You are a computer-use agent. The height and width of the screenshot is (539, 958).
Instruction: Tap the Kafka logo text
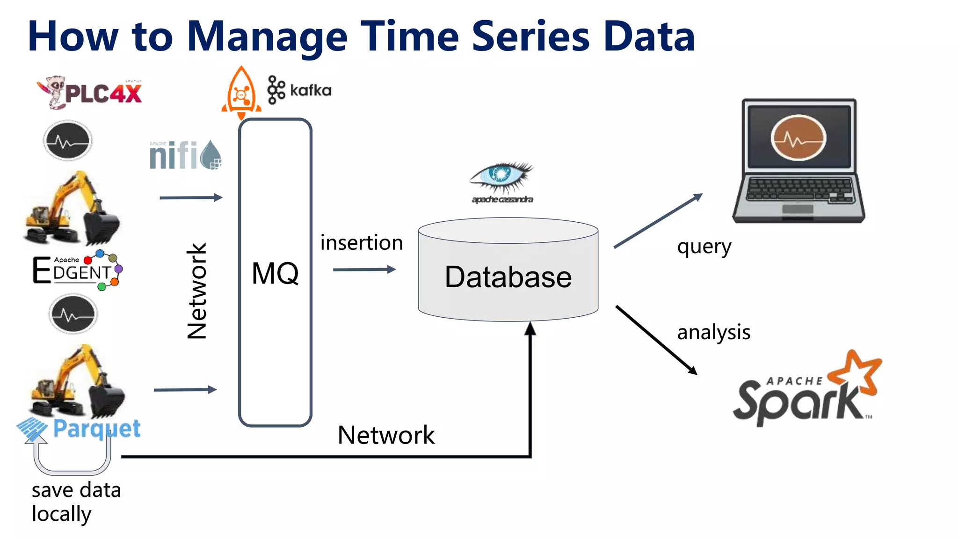click(310, 90)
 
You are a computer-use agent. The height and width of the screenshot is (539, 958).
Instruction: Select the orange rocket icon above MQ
click(241, 93)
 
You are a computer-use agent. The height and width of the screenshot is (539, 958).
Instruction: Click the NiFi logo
click(185, 155)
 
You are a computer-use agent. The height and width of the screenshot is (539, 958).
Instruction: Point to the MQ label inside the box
click(275, 273)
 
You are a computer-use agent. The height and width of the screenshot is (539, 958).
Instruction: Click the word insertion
click(361, 243)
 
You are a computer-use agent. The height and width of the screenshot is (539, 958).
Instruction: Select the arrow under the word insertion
click(364, 269)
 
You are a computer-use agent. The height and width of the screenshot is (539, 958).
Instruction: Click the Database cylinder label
click(508, 277)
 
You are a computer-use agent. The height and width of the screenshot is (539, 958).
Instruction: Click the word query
click(704, 247)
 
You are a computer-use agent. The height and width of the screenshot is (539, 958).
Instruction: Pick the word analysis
click(713, 332)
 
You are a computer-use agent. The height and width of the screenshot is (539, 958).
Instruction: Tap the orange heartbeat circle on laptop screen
click(798, 138)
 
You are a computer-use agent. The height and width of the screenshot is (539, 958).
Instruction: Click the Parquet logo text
click(96, 429)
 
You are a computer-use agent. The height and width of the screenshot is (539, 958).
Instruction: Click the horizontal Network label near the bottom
click(386, 435)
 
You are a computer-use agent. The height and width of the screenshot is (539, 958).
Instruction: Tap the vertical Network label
click(197, 291)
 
